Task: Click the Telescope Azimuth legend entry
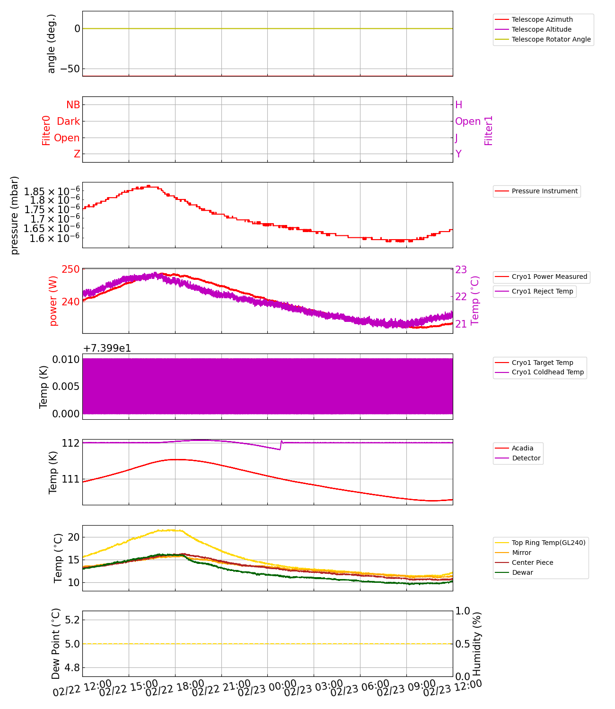pyautogui.click(x=542, y=19)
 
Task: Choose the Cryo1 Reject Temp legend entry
pyautogui.click(x=542, y=291)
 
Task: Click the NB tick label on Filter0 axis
pyautogui.click(x=73, y=105)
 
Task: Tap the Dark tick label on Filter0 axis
pyautogui.click(x=68, y=121)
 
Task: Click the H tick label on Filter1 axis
pyautogui.click(x=458, y=105)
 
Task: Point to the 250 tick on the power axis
pyautogui.click(x=71, y=269)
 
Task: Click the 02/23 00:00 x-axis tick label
pyautogui.click(x=267, y=689)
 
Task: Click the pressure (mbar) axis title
pyautogui.click(x=15, y=215)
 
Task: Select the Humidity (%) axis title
pyautogui.click(x=477, y=644)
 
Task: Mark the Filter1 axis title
pyautogui.click(x=489, y=130)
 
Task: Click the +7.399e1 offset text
pyautogui.click(x=107, y=348)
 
